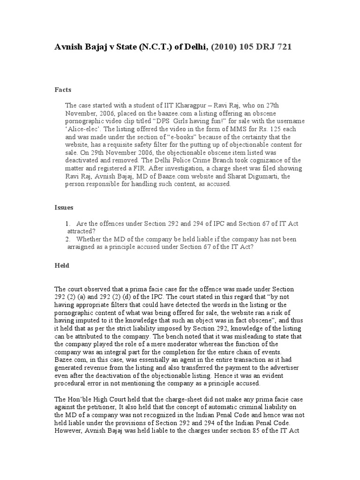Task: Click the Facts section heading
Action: (63, 89)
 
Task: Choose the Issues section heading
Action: (64, 207)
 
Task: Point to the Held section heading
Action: (62, 265)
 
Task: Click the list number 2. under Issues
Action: (68, 239)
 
